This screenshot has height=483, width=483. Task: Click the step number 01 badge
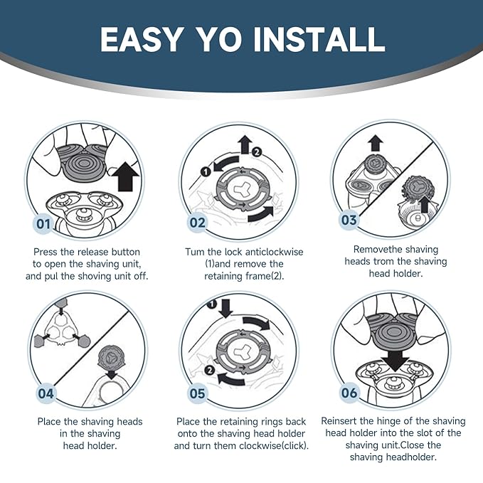click(43, 223)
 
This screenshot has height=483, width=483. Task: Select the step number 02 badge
click(197, 223)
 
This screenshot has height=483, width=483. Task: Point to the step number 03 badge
click(349, 220)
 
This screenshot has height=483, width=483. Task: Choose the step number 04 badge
click(46, 393)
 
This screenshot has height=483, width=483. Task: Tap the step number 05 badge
click(197, 393)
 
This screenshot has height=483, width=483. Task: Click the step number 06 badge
click(349, 393)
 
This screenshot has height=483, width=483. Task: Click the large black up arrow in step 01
click(125, 177)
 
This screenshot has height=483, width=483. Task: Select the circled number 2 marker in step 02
click(257, 152)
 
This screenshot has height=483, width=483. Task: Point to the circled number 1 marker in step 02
click(206, 171)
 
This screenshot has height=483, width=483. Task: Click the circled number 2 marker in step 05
click(210, 370)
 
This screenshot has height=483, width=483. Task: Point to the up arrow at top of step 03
click(376, 143)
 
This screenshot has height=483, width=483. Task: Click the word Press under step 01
click(46, 252)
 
